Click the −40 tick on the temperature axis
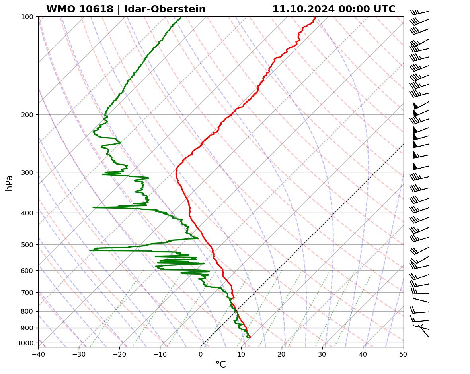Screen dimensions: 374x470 [x=38, y=353]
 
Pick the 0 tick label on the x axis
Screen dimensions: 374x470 [x=201, y=353]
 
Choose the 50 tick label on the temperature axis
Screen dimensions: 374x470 [x=404, y=353]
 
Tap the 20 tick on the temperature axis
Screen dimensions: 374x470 [x=282, y=353]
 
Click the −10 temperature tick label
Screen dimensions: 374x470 [x=160, y=353]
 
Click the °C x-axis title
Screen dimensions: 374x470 [x=220, y=365]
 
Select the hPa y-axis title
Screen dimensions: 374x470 [x=10, y=183]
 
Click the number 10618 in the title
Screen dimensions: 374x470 [x=97, y=9]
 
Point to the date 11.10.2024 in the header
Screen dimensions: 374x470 [x=303, y=9]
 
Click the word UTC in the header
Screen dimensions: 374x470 [x=384, y=9]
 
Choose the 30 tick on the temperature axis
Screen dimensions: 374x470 [x=322, y=353]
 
